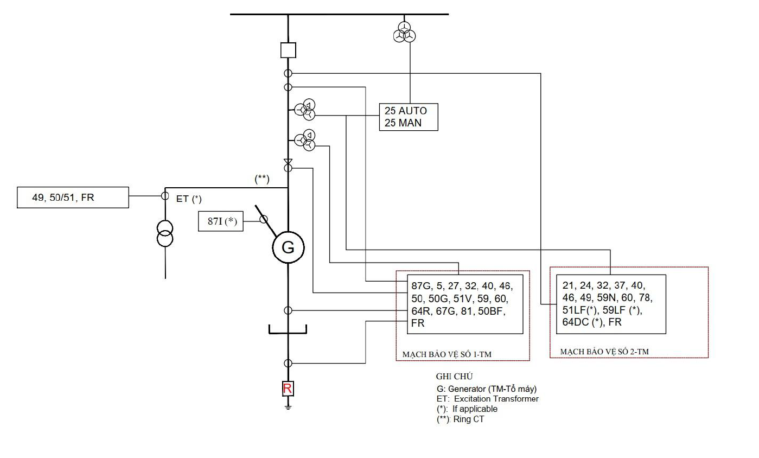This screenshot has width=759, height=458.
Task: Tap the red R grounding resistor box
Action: pyautogui.click(x=288, y=389)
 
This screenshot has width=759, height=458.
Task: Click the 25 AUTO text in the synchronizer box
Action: pyautogui.click(x=406, y=111)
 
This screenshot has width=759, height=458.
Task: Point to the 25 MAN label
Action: pyautogui.click(x=403, y=123)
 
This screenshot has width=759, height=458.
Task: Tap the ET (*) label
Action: pyautogui.click(x=189, y=199)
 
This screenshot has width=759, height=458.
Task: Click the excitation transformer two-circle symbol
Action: pyautogui.click(x=165, y=233)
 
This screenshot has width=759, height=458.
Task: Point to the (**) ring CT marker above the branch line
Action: pyautogui.click(x=262, y=179)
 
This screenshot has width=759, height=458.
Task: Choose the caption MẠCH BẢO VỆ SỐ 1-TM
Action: pyautogui.click(x=447, y=354)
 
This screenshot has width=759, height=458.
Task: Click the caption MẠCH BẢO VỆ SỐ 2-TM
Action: pyautogui.click(x=604, y=352)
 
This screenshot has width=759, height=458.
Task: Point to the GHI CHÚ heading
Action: pyautogui.click(x=454, y=376)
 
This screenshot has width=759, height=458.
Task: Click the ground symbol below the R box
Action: pyautogui.click(x=288, y=407)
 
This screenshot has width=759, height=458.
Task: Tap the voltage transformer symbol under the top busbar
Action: pyautogui.click(x=404, y=32)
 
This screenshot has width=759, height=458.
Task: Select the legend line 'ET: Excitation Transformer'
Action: pyautogui.click(x=488, y=399)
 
